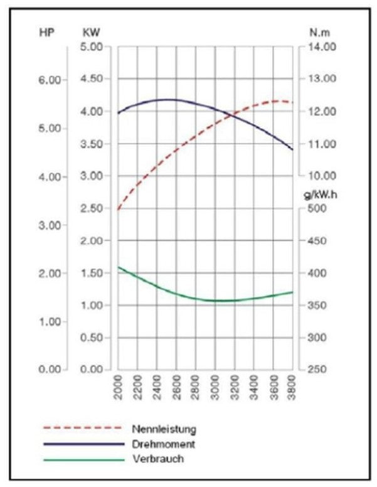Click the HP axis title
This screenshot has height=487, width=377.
pos(46,32)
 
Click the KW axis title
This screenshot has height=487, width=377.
pos(91,32)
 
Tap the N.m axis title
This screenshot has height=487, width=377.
pos(319,32)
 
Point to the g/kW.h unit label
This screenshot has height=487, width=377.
pos(320,195)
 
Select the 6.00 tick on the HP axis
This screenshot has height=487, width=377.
pos(50,80)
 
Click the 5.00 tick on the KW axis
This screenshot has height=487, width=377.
pos(92,47)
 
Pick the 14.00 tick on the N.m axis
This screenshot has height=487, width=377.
pos(322,47)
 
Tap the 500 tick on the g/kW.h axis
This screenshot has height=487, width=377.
pos(317,208)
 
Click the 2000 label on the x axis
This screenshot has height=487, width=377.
pos(119,387)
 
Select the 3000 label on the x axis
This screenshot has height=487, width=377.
pos(215,387)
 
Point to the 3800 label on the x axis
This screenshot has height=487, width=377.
pos(292,387)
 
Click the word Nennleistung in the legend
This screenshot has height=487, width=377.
pos(164,429)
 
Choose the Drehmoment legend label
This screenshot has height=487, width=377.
pos(164,444)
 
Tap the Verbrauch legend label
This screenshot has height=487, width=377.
pos(158,459)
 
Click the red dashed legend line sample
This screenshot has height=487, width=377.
pos(83,428)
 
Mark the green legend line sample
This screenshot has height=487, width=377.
pos(84,459)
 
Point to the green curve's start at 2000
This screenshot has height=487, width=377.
pos(119,267)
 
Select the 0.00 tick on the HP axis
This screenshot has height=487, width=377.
pos(50,369)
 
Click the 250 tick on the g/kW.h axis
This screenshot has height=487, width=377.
pos(317,369)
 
